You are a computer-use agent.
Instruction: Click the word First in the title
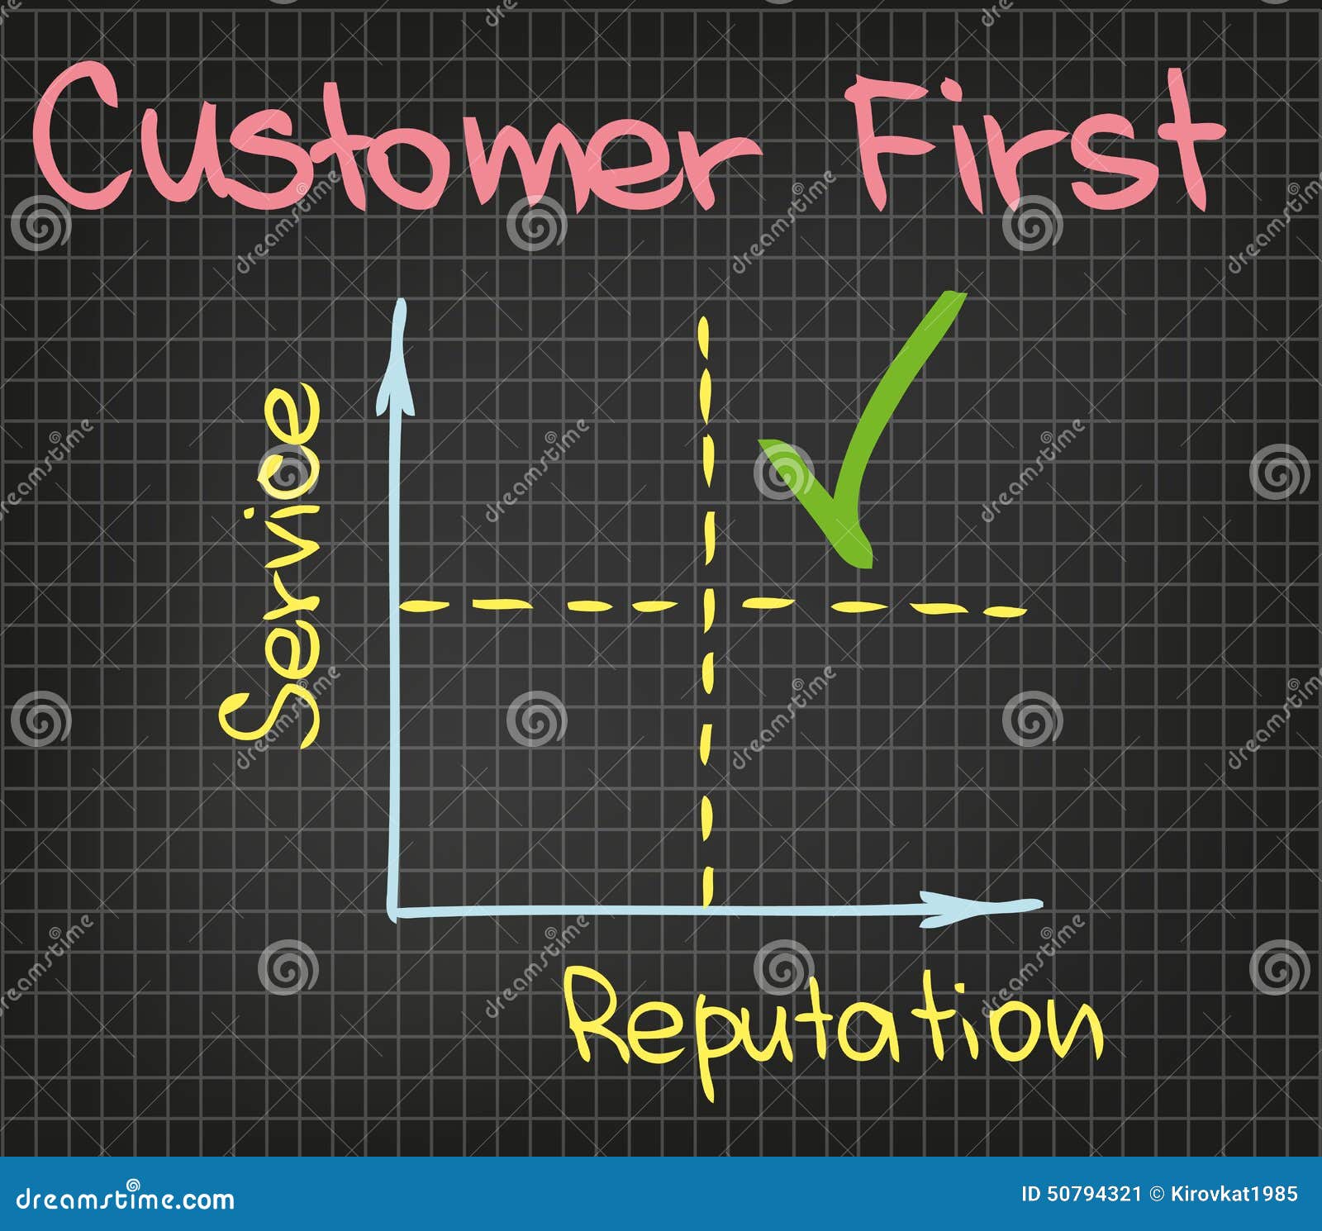1033,140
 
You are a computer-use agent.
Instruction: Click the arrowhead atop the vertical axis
400,330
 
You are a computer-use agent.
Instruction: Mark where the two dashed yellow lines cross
707,605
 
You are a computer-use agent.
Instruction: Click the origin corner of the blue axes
395,912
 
